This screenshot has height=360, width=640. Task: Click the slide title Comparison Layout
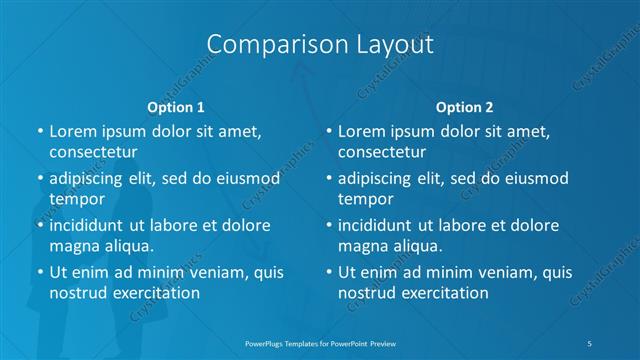320,45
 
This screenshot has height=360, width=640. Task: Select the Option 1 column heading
176,107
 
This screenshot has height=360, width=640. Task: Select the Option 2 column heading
464,107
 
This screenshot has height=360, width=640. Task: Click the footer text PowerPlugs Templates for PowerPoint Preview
320,342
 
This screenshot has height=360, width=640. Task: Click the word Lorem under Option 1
73,131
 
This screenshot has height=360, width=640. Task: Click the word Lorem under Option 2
362,131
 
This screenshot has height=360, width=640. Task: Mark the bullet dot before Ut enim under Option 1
40,272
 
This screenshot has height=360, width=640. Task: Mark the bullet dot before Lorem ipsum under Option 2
329,131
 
